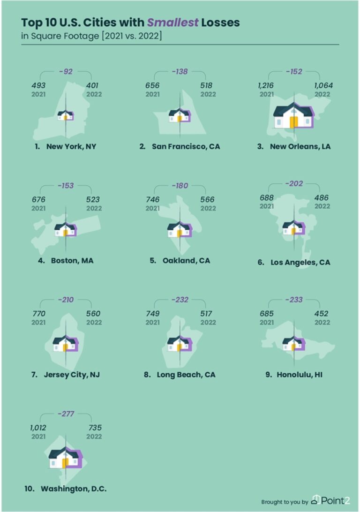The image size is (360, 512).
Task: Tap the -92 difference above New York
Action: coord(66,72)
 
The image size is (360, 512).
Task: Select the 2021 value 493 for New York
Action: coord(39,85)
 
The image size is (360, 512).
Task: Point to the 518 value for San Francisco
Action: coord(206,85)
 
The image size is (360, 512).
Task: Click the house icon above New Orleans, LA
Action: coord(293,116)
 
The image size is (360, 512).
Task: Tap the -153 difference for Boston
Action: coord(66,186)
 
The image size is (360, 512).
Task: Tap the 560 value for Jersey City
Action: coord(93,314)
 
